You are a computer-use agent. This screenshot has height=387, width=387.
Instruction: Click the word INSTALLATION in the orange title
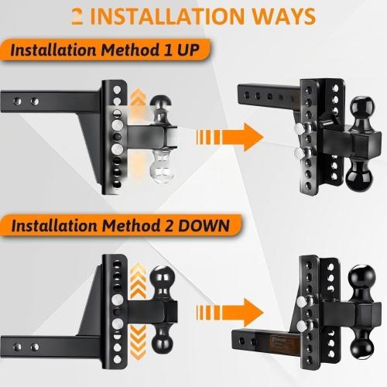coord(167,16)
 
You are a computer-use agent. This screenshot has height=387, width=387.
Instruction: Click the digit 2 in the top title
coord(77,16)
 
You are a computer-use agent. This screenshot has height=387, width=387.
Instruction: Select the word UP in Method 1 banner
coord(189,50)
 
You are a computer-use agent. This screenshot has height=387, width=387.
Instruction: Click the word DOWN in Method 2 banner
coord(204,226)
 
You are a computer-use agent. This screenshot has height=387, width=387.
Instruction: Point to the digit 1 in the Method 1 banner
coord(168,50)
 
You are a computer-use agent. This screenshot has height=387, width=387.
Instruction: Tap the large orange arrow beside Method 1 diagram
coord(230,137)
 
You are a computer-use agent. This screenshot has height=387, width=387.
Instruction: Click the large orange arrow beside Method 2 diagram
coord(230,313)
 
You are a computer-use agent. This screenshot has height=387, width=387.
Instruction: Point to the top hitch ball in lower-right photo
coord(361,277)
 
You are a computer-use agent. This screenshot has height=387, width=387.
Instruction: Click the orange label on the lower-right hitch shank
coord(283,343)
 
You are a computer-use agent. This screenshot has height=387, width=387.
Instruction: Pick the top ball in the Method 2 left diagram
coord(163,278)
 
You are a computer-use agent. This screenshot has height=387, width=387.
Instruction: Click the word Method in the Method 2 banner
coord(132,226)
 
